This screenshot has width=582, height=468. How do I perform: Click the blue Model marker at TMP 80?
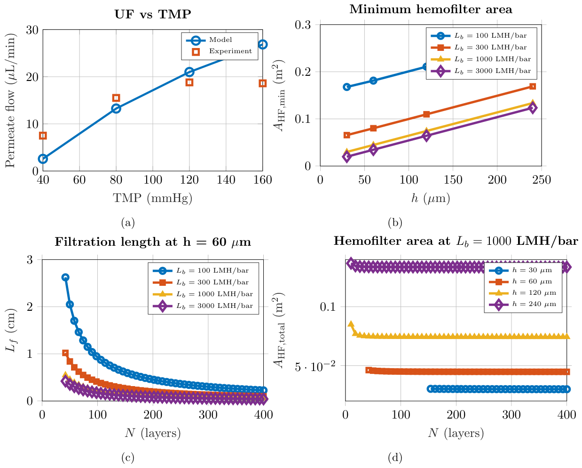click(x=116, y=109)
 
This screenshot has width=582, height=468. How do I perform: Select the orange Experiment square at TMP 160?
click(x=262, y=83)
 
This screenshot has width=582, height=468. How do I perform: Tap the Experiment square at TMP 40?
click(x=43, y=136)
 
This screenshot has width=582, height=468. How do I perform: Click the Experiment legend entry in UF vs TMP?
click(x=222, y=51)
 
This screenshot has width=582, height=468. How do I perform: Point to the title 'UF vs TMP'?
click(x=153, y=14)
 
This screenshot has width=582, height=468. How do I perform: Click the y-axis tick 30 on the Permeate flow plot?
click(x=32, y=30)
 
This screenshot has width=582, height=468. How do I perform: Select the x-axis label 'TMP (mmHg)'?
click(x=152, y=198)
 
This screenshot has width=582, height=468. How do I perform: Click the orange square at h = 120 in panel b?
click(x=426, y=114)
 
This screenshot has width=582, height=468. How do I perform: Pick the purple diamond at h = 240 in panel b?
click(x=533, y=108)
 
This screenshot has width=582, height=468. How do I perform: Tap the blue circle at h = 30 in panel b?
click(x=347, y=87)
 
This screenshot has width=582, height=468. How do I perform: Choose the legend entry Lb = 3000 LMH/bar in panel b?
click(x=481, y=71)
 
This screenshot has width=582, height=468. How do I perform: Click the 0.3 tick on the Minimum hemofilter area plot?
click(x=303, y=25)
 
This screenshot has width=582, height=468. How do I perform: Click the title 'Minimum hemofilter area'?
click(x=431, y=9)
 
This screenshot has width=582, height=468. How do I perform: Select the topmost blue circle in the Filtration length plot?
click(x=65, y=277)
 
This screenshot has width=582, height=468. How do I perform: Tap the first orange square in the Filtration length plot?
click(x=65, y=353)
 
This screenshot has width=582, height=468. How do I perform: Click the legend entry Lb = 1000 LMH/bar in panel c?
click(x=203, y=294)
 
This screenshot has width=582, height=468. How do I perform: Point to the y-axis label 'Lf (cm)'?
click(x=11, y=330)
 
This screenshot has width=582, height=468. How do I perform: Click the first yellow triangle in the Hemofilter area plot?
click(x=351, y=324)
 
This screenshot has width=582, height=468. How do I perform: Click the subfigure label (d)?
click(x=395, y=458)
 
